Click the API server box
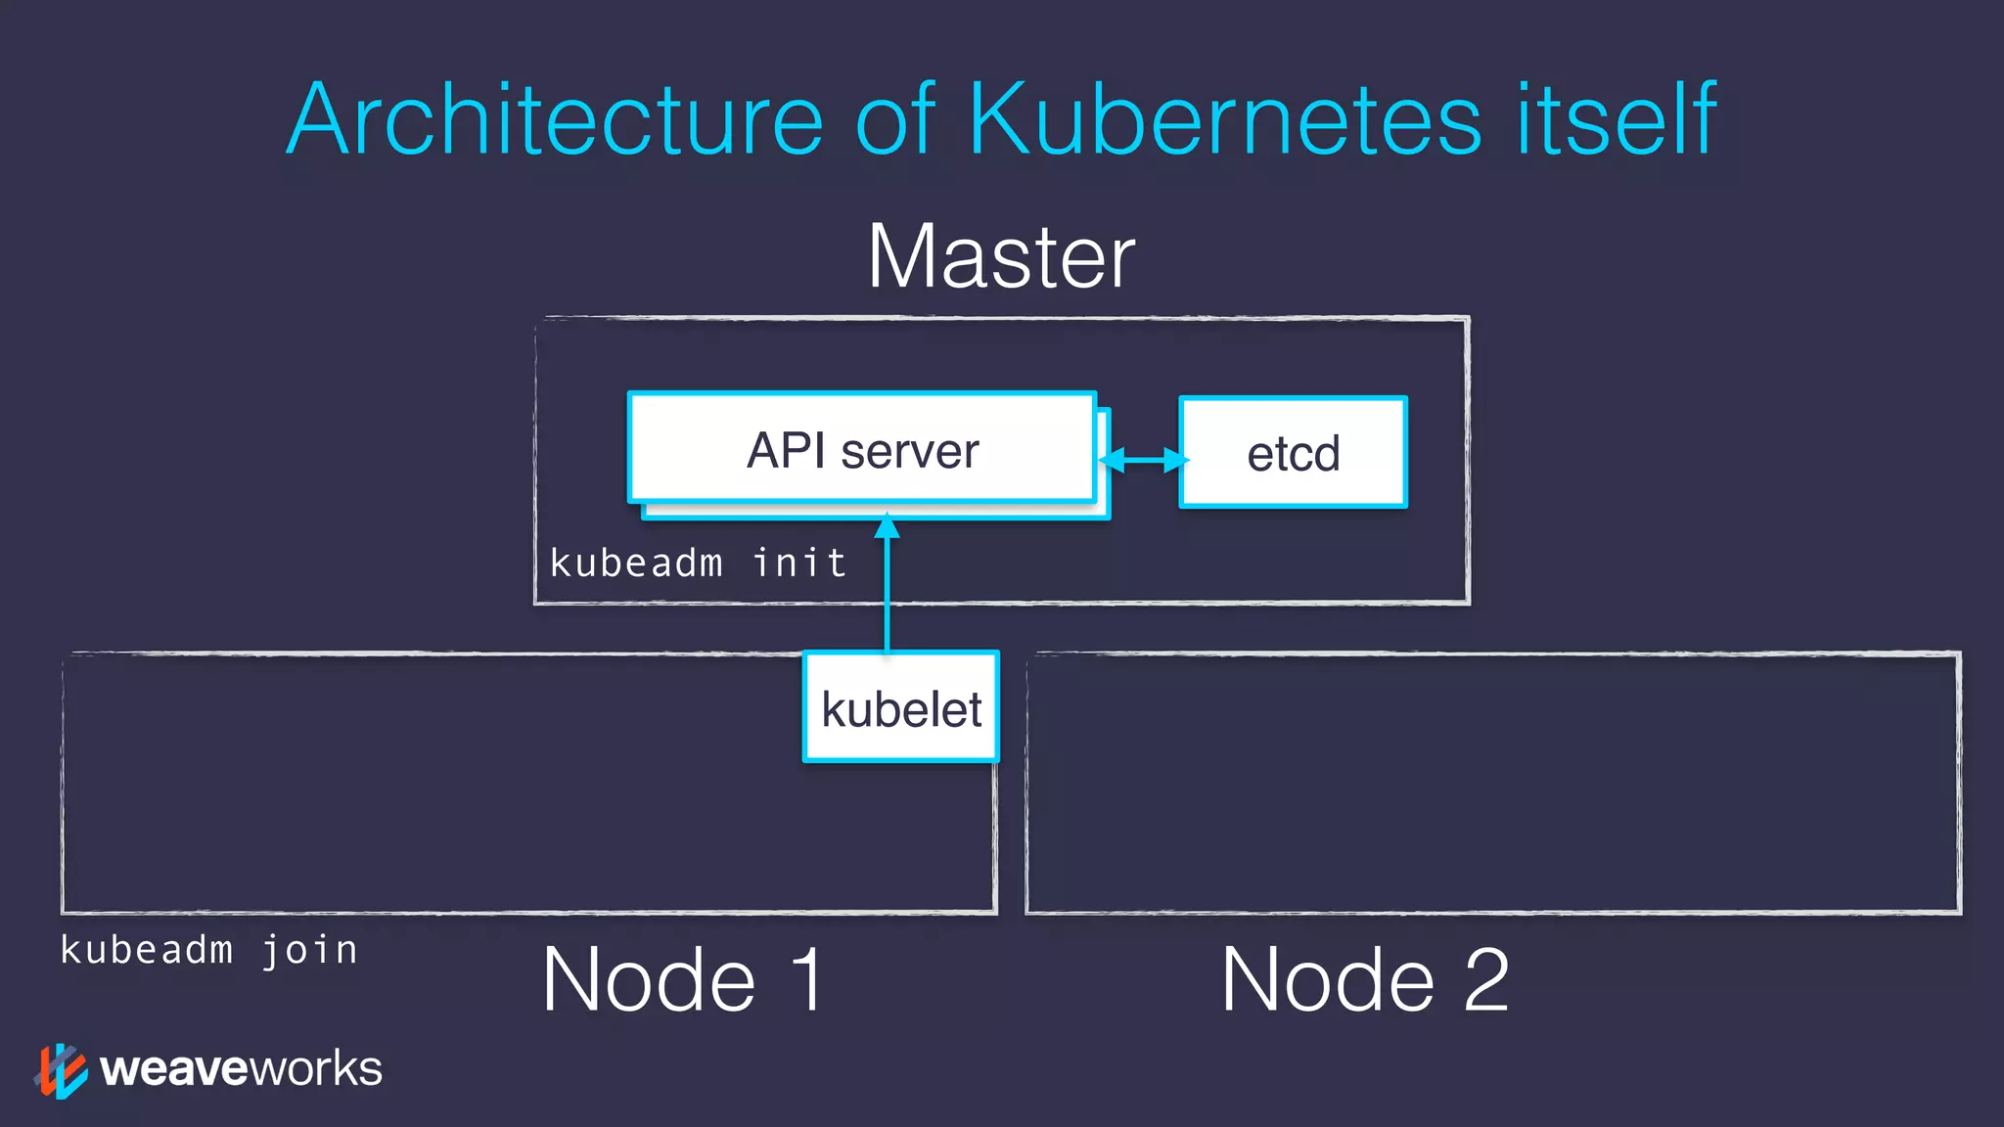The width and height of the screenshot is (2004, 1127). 862,450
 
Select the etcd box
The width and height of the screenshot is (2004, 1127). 1293,453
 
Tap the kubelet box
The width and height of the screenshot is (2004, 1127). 901,707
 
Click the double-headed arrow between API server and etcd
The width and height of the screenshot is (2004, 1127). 1143,459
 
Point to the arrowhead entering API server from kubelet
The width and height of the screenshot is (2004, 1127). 887,527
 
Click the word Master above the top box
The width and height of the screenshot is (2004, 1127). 1001,256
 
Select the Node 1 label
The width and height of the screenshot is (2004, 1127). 683,979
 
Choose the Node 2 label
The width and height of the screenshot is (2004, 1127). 1364,979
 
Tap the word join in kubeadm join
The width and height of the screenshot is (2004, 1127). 309,951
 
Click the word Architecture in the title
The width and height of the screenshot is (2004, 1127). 556,119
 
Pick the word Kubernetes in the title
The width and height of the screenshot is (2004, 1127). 1224,119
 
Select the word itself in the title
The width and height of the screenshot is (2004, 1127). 1616,119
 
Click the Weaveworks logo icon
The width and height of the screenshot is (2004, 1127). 61,1070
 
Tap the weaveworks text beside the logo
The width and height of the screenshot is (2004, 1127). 241,1068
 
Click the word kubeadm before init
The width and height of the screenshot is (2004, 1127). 636,563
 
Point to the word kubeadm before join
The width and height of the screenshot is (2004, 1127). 147,951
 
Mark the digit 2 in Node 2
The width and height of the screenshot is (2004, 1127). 1486,979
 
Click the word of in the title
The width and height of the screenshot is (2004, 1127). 895,119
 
